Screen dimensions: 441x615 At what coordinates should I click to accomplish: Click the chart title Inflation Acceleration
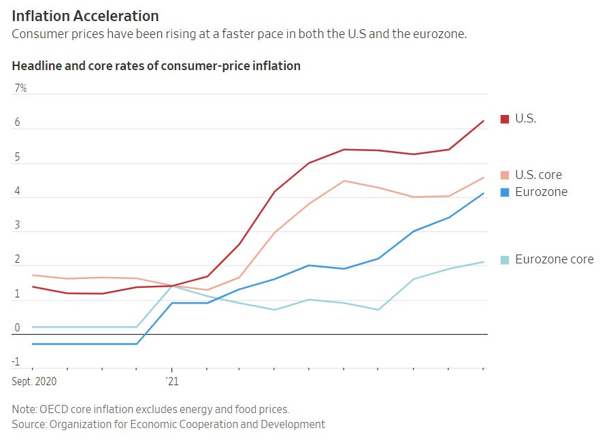85,16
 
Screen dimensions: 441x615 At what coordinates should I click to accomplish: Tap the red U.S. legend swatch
505,119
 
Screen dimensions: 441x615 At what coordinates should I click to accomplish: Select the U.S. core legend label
538,175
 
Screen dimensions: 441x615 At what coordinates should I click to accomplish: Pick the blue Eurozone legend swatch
505,193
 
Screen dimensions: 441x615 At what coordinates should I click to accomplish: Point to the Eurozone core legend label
554,259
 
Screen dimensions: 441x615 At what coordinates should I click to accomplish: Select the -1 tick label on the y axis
16,361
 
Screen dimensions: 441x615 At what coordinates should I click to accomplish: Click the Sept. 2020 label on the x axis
34,382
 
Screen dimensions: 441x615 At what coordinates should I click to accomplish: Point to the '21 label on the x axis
171,382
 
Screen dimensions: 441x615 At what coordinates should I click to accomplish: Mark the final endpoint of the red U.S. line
484,121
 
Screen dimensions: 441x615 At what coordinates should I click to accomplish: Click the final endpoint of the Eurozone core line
484,262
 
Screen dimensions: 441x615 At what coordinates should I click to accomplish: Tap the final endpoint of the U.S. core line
484,178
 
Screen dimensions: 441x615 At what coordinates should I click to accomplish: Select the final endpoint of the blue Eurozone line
484,194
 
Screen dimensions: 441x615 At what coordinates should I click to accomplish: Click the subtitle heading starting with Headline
156,66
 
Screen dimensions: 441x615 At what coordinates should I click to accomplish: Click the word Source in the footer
29,424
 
